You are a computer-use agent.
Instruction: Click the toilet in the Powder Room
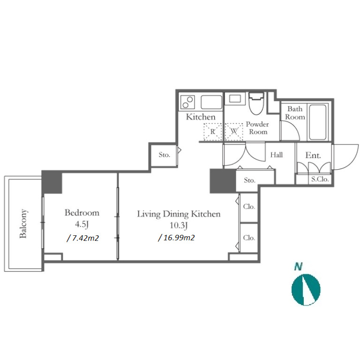click(x=256, y=103)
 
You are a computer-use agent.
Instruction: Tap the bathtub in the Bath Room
click(x=317, y=122)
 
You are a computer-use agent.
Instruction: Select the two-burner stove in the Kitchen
click(x=188, y=102)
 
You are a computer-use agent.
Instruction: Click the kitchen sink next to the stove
click(x=211, y=102)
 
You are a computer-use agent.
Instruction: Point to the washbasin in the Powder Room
click(x=235, y=99)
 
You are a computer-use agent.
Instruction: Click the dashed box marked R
click(x=213, y=132)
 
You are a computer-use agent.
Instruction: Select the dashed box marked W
click(x=234, y=132)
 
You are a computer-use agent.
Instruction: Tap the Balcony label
click(x=23, y=224)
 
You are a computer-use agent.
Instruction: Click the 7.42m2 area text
click(x=83, y=238)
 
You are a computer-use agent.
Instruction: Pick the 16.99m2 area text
click(x=177, y=238)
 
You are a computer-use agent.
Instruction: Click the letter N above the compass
click(x=298, y=267)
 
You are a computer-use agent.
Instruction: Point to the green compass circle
click(x=306, y=290)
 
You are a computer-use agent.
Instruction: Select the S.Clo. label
click(x=320, y=179)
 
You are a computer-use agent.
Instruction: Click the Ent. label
click(x=313, y=156)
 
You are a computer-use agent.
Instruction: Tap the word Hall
click(x=277, y=155)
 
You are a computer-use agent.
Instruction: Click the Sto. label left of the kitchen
click(x=165, y=155)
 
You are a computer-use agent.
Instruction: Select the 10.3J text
click(x=179, y=225)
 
